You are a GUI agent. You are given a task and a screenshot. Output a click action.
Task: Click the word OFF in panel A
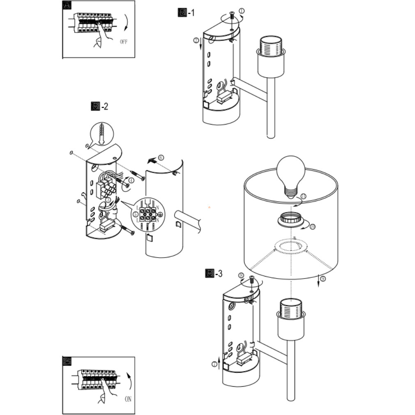(124, 41)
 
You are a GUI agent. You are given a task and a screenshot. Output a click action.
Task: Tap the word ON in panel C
(128, 399)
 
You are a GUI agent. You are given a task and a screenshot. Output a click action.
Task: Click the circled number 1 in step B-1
(241, 11)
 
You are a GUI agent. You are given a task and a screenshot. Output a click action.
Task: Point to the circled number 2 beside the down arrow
(196, 40)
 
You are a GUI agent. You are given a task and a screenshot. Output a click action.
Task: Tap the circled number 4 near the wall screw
(131, 180)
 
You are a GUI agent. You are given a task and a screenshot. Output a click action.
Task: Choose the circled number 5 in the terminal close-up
(136, 214)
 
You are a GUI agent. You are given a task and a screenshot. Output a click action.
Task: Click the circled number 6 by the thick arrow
(161, 157)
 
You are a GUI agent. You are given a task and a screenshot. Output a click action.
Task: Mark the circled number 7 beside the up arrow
(214, 364)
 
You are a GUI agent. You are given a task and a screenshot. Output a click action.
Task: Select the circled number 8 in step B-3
(241, 275)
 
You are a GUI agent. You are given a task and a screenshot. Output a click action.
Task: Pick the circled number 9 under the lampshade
(323, 279)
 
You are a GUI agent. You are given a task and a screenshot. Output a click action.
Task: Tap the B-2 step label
(99, 106)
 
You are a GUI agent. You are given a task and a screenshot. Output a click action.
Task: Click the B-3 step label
(214, 273)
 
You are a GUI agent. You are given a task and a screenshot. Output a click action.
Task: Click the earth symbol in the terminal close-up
(161, 214)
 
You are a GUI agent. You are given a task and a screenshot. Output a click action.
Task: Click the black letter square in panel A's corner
(67, 5)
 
